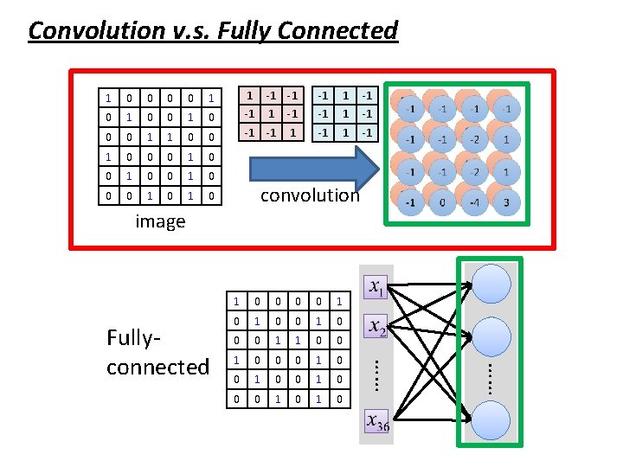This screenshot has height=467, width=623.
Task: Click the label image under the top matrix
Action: (x=160, y=221)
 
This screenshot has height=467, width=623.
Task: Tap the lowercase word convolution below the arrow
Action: (x=310, y=195)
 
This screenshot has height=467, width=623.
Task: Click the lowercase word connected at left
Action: (x=157, y=367)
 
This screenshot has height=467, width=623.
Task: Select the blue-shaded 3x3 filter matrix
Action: (x=345, y=113)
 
